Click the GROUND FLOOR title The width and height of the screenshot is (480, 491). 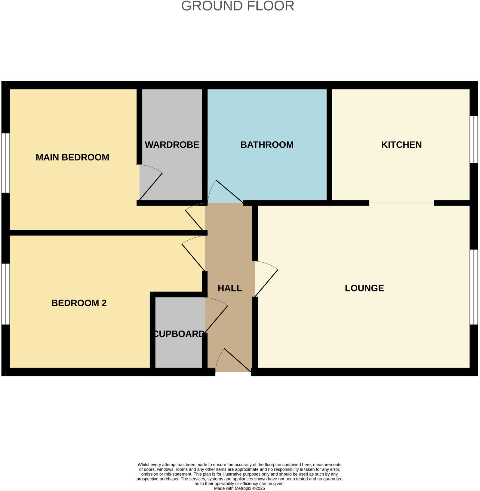[238, 6]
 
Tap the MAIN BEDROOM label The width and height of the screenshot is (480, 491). [72, 157]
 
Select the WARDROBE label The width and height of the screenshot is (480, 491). [172, 145]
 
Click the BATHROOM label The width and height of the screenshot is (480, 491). [267, 145]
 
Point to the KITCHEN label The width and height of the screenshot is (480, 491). [401, 145]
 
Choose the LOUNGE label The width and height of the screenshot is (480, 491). [364, 288]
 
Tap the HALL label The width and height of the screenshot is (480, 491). [229, 288]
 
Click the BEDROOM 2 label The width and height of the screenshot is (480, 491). [79, 303]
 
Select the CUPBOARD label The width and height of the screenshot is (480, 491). [179, 334]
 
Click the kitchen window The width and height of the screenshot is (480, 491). [474, 139]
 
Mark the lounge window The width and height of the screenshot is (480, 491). [474, 287]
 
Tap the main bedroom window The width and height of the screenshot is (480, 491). [5, 163]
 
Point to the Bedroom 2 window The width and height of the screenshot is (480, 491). [5, 294]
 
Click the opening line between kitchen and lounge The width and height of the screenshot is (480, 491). [401, 203]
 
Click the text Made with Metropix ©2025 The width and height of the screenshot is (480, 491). [239, 488]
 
